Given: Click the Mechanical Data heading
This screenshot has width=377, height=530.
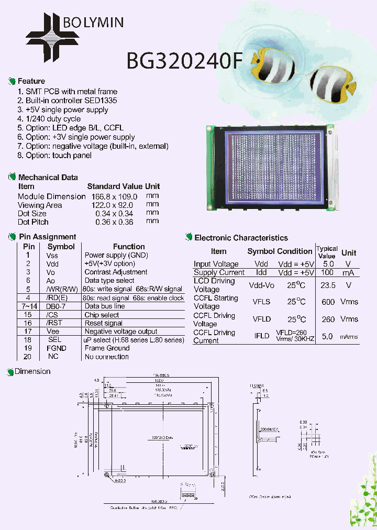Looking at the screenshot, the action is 48,178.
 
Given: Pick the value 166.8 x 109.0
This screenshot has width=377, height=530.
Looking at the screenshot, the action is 114,196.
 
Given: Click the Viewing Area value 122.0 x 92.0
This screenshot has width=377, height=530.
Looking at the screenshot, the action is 113,205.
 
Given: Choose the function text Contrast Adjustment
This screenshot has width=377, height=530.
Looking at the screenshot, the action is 116,272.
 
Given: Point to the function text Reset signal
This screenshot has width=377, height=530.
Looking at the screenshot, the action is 103,323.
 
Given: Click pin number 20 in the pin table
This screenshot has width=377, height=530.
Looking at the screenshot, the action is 28,357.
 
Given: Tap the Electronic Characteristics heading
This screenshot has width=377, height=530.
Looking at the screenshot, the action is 241,238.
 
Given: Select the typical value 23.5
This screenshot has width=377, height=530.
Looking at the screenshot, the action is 327,285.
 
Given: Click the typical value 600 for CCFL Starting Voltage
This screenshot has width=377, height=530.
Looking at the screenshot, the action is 328,302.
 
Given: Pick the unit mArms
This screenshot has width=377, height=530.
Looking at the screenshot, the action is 349,337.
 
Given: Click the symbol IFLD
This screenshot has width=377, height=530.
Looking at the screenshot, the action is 261,336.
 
